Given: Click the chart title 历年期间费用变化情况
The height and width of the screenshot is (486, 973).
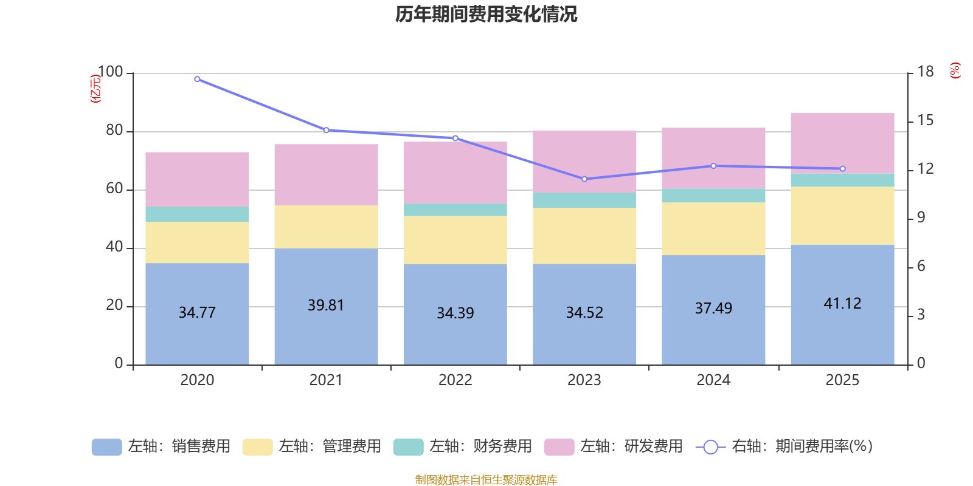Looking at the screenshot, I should click(486, 14).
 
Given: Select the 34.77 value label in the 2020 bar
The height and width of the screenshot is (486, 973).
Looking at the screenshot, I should click(197, 312).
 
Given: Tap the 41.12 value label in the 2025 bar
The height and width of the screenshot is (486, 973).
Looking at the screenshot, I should click(842, 303).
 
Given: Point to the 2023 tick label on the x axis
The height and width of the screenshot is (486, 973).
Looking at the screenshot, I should click(584, 380).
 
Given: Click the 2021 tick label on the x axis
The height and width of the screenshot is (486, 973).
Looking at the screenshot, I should click(326, 380).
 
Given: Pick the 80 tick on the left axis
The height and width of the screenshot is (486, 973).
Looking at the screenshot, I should click(114, 131).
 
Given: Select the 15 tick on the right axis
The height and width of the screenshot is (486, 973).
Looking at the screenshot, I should click(925, 120).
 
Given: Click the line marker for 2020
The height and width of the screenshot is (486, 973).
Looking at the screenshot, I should click(197, 79).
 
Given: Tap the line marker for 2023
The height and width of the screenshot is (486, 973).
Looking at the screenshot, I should click(584, 179).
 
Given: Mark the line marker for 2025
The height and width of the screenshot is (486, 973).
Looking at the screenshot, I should click(842, 169).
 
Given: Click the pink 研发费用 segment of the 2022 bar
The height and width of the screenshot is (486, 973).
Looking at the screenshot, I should click(455, 173).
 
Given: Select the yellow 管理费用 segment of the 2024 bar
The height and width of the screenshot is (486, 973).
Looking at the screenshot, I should click(713, 228).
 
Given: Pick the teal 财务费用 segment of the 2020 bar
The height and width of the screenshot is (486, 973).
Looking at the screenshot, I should click(197, 214).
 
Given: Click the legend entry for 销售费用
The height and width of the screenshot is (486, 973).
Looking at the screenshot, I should click(161, 447).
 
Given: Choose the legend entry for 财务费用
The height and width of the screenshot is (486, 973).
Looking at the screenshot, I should click(463, 447).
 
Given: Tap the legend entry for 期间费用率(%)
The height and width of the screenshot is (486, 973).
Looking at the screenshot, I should click(784, 447).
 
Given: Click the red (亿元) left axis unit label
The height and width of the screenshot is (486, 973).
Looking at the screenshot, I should click(95, 89).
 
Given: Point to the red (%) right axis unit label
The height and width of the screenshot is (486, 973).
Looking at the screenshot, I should click(955, 70).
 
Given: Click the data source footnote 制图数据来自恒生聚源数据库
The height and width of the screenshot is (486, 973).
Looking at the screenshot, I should click(486, 480).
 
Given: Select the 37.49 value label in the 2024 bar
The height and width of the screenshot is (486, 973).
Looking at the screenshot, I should click(713, 308).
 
